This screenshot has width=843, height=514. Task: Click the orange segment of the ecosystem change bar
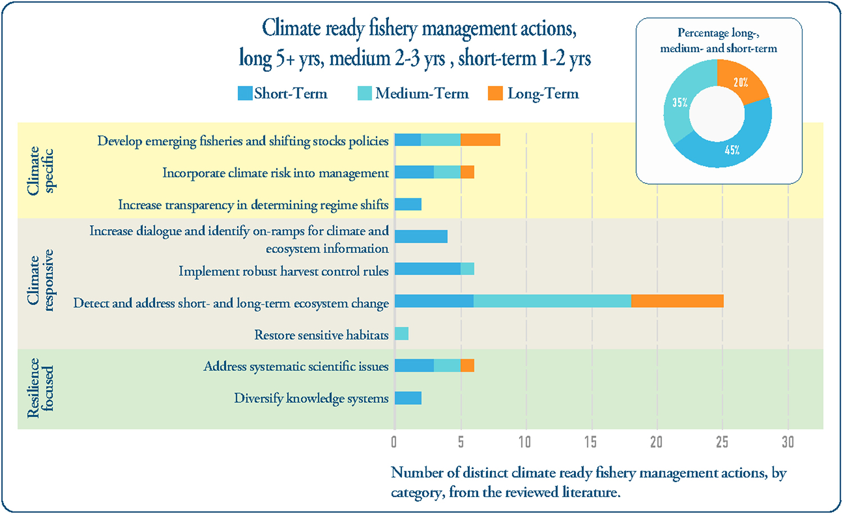click(677, 301)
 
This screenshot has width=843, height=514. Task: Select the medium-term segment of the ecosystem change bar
click(552, 301)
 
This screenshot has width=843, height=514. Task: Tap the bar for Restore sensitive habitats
click(401, 334)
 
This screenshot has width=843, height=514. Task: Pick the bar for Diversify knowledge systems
click(408, 398)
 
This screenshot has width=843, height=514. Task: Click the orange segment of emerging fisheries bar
click(481, 140)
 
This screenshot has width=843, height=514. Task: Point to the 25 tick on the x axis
click(722, 442)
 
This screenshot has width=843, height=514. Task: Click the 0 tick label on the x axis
click(394, 442)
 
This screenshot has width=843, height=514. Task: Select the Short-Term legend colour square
click(245, 93)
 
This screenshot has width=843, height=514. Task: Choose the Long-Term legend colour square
click(495, 93)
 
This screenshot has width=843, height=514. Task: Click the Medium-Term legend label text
click(422, 93)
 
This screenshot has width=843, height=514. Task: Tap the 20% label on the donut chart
click(741, 83)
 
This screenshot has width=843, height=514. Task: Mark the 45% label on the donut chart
click(732, 150)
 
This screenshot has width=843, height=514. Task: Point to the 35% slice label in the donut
click(680, 102)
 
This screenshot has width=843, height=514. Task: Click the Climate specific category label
click(40, 170)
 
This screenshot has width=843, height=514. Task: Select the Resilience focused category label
click(40, 388)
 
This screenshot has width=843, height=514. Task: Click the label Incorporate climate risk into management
click(275, 173)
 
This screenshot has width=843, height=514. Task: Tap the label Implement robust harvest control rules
click(283, 271)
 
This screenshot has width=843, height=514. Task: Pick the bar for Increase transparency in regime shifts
click(408, 204)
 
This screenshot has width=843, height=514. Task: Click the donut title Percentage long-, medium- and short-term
click(718, 40)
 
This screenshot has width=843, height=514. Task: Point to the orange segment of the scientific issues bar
click(467, 366)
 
